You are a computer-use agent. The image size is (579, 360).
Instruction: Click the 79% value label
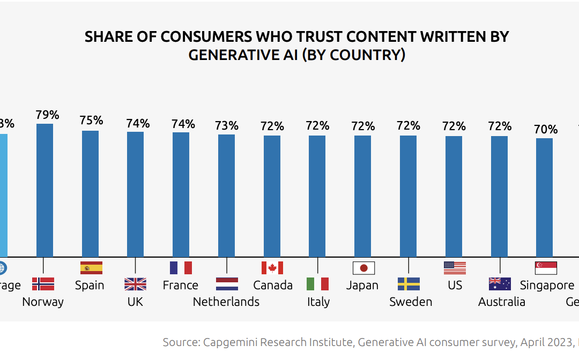(x=47, y=115)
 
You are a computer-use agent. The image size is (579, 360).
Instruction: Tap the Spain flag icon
(x=91, y=268)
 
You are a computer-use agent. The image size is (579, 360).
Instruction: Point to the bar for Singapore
(x=545, y=198)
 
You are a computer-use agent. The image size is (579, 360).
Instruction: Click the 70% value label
(x=546, y=130)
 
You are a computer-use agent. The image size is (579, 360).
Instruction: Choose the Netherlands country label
(x=226, y=302)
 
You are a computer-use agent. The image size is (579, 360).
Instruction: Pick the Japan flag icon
(x=363, y=268)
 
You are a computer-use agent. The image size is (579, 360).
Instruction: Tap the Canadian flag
(x=272, y=268)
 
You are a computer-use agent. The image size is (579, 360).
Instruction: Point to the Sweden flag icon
(x=409, y=284)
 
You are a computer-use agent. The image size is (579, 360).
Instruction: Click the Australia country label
(x=502, y=302)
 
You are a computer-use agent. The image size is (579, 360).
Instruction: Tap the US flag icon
(x=455, y=268)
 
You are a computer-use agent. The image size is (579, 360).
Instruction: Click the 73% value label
(x=227, y=126)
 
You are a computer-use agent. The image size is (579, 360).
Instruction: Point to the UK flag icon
(x=135, y=284)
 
